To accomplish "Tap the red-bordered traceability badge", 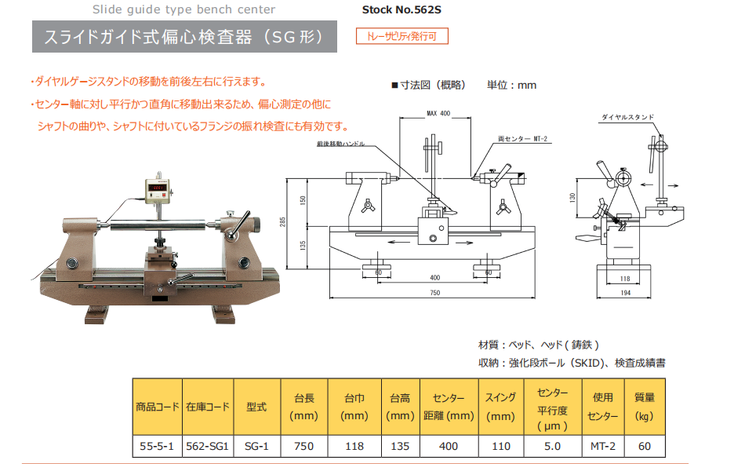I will click(x=402, y=36).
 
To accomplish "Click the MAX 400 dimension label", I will click(x=438, y=114).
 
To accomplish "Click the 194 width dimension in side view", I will click(x=625, y=292).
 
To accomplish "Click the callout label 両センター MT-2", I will click(x=522, y=138).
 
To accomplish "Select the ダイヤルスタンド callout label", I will click(x=627, y=117).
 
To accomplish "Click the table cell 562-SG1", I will click(x=207, y=446).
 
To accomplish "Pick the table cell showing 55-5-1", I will click(x=157, y=446).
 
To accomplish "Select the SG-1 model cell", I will click(x=256, y=446).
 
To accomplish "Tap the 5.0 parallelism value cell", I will click(x=552, y=446).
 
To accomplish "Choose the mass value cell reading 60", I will click(x=645, y=446).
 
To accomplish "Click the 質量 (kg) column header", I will click(x=645, y=407).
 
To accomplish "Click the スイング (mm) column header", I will click(x=500, y=407).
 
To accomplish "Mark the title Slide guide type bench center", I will click(x=183, y=10).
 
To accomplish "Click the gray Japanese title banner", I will click(x=184, y=37).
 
